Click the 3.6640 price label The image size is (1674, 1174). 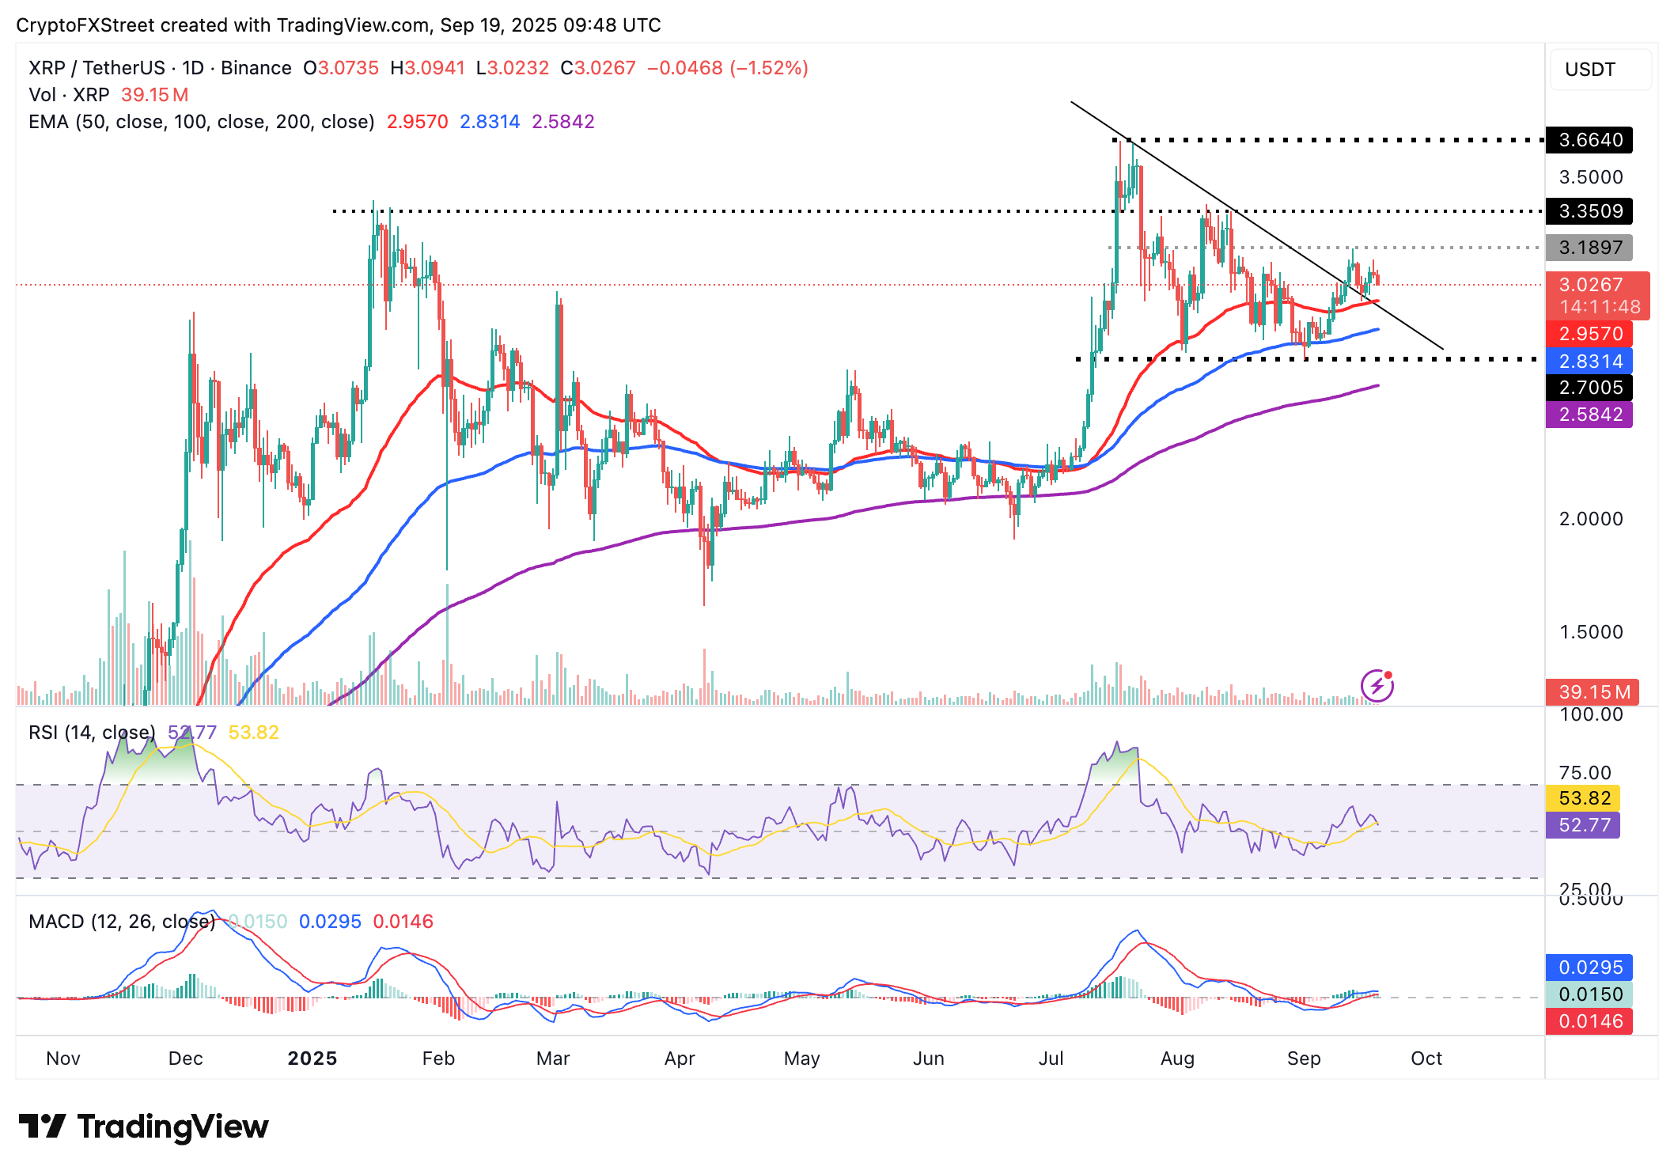pos(1589,140)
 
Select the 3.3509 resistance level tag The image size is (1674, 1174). pos(1589,211)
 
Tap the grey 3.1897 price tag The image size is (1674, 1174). pos(1589,248)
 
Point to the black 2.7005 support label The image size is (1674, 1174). pos(1589,388)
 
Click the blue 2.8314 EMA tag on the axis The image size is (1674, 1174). pos(1589,362)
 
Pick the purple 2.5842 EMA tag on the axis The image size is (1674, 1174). pos(1589,415)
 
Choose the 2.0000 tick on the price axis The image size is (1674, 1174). pos(1590,519)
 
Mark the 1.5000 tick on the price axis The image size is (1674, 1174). pos(1590,632)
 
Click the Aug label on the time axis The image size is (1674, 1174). pos(1177,1058)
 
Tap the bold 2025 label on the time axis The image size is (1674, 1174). pos(312,1058)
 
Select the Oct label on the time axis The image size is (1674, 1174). pos(1426,1058)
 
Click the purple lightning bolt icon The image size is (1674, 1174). pos(1377,685)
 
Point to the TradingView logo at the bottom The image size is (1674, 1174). pos(143,1127)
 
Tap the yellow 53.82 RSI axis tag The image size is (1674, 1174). pos(1584,798)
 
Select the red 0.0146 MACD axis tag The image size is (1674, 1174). pos(1589,1021)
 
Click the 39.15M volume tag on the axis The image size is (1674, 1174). pos(1593,692)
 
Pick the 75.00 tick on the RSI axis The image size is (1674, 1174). pos(1585,773)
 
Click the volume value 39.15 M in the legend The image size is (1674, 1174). pos(155,95)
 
